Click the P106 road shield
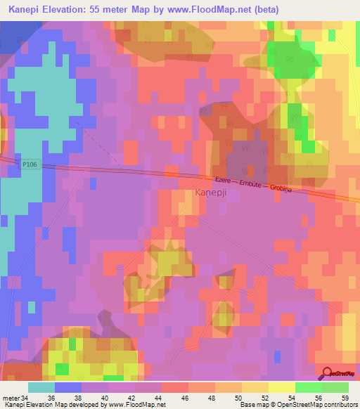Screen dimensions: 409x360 (x=29, y=164)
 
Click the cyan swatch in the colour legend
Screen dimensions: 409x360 (x=41, y=387)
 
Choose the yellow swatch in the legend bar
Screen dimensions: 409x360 (x=282, y=387)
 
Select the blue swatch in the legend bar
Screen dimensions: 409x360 (x=68, y=387)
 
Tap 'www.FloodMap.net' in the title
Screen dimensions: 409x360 (x=218, y=10)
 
